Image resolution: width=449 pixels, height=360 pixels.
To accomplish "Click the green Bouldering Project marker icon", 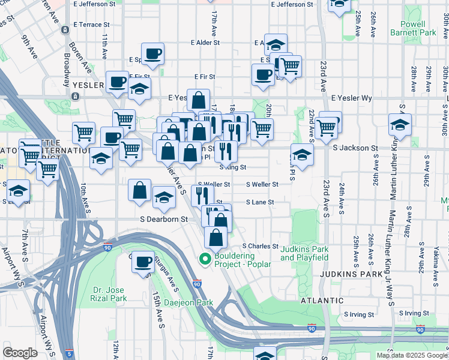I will (204, 260).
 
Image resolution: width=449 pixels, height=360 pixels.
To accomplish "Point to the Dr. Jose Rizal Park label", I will (109, 293).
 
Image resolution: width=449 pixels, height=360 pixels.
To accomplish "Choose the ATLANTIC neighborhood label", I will (323, 300).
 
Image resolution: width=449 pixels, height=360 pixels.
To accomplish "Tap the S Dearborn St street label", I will (164, 220).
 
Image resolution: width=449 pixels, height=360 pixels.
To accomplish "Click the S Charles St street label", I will (261, 246).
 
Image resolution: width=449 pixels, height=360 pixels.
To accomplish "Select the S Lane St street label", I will (260, 202).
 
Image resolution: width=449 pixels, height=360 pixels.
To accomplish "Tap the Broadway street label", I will (65, 71).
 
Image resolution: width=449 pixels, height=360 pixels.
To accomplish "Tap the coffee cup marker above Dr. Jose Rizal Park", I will (143, 262).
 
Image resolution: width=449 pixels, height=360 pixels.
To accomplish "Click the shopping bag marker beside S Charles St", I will (215, 237).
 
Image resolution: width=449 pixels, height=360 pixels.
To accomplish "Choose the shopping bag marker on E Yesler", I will (199, 101).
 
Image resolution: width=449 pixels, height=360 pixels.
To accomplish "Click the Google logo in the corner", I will (20, 353).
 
